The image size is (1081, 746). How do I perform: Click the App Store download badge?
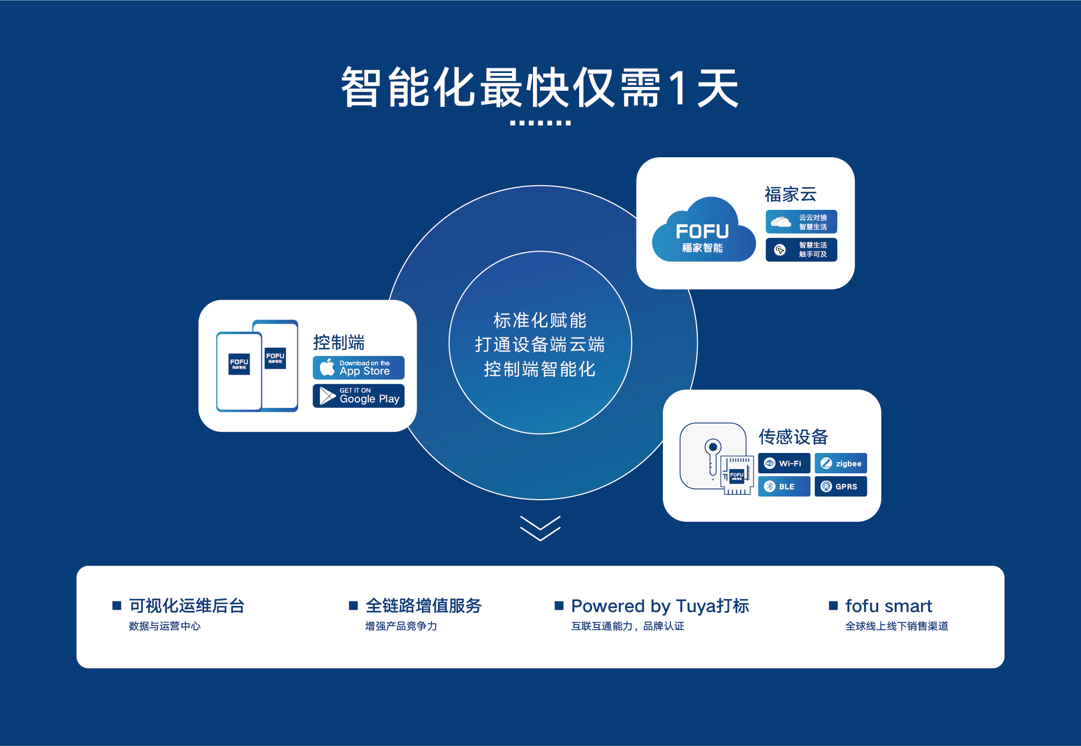tap(359, 368)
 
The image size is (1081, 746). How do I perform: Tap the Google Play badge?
tap(359, 396)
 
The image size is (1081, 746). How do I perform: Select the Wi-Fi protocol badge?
tap(784, 463)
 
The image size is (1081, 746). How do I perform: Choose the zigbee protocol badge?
tap(841, 463)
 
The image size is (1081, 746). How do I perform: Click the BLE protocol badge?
tap(784, 486)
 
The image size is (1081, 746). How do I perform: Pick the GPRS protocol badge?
tap(841, 486)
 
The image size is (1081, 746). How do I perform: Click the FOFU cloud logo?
tap(704, 230)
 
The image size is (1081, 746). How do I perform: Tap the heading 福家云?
tap(791, 194)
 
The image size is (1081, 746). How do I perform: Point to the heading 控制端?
tap(339, 342)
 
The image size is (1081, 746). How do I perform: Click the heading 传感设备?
tap(793, 437)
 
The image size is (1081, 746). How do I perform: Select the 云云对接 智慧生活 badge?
tap(801, 222)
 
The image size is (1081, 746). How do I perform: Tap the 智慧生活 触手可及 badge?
tap(801, 250)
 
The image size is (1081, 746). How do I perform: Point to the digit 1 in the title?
tap(679, 87)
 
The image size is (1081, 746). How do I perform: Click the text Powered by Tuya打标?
tap(660, 606)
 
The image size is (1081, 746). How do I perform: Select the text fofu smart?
tap(889, 606)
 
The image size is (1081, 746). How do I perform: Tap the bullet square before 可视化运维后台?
tap(117, 605)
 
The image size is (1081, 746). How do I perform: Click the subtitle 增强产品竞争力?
tap(401, 626)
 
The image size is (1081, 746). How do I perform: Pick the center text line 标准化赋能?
tap(540, 320)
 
